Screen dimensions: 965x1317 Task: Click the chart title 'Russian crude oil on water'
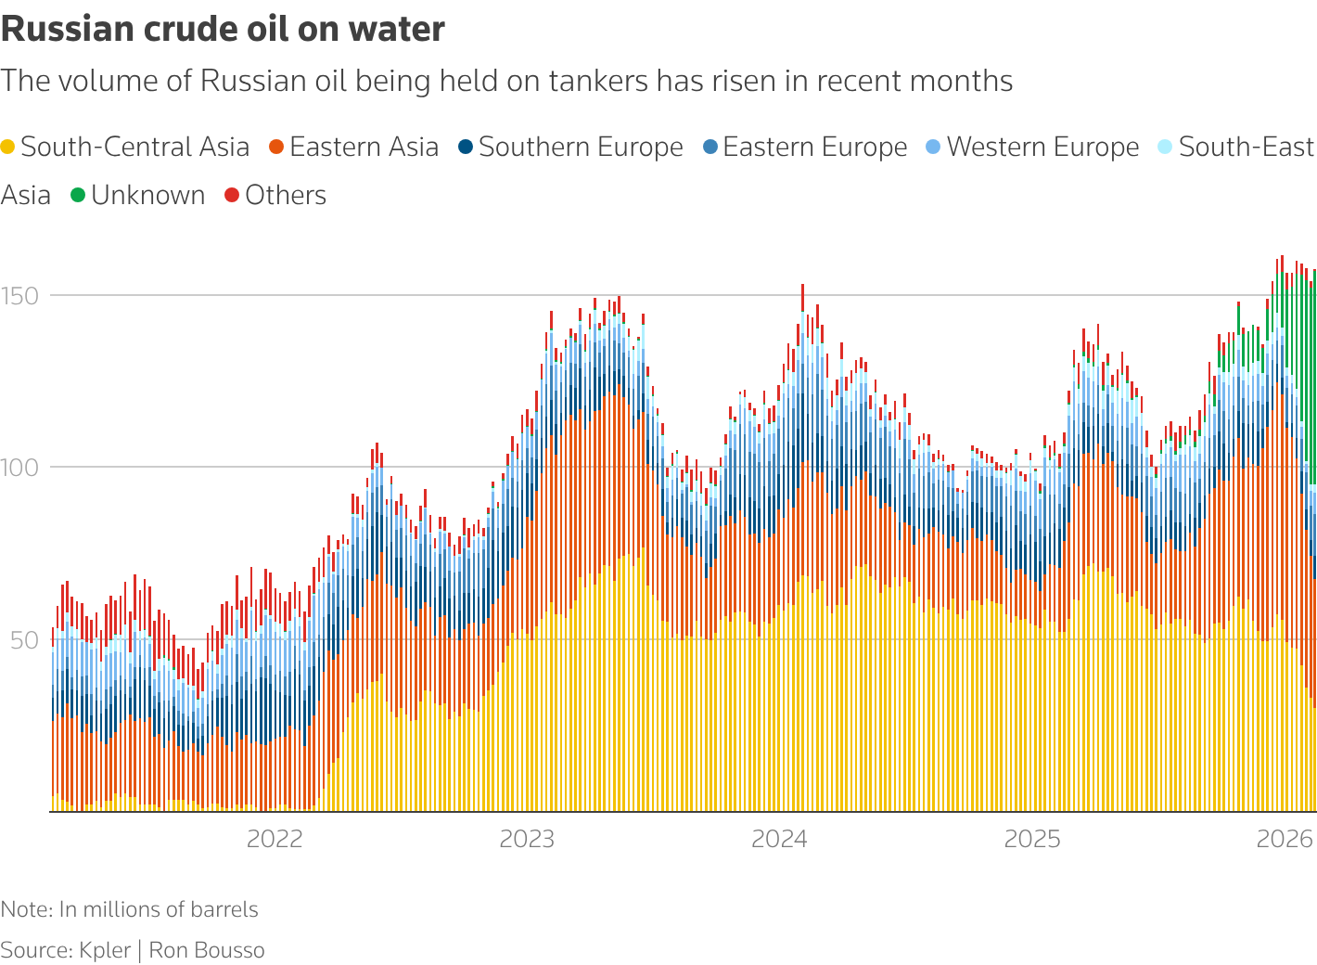pos(223,30)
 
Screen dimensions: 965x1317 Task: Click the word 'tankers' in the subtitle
pos(598,82)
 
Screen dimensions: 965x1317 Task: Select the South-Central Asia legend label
pos(134,148)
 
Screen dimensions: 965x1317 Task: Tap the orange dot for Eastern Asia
pos(276,148)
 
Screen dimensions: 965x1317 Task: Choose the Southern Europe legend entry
pos(581,148)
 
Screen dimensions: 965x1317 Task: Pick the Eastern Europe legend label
pos(814,148)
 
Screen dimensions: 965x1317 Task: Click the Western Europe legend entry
pos(1042,148)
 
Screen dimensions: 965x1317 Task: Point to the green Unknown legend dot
pos(78,196)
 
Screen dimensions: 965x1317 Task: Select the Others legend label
pos(286,196)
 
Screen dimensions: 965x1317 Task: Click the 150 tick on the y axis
pos(19,296)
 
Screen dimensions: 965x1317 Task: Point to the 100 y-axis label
pos(19,468)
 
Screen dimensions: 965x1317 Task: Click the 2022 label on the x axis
pos(275,840)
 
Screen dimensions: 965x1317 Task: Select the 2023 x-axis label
pos(527,840)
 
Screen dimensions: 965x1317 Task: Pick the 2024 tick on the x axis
pos(779,840)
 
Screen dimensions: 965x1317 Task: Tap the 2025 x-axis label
pos(1032,840)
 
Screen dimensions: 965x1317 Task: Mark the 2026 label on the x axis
pos(1285,840)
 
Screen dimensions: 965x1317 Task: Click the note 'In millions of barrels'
pos(159,910)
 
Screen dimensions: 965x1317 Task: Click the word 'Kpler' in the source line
pos(105,951)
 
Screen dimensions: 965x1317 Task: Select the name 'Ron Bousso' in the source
pos(207,951)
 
